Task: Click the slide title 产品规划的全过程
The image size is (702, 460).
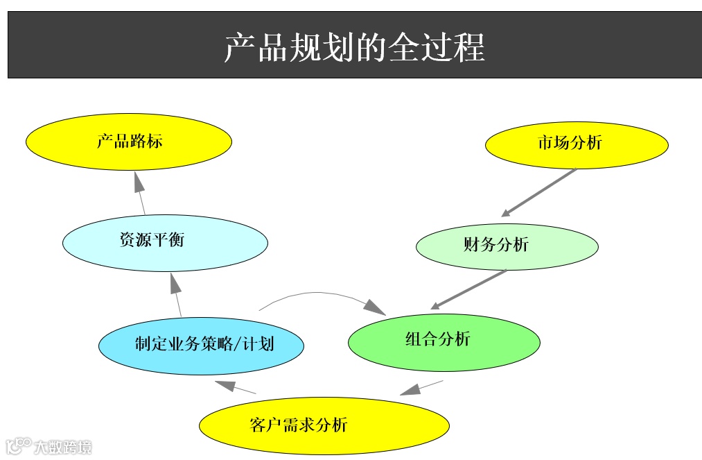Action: [354, 46]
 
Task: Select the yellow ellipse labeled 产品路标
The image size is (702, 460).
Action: [129, 142]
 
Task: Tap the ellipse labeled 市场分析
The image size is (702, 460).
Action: [577, 144]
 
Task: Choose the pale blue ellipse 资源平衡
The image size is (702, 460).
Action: [165, 241]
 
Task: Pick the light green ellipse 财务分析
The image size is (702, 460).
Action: [507, 246]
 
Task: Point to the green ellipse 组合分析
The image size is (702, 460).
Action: [444, 340]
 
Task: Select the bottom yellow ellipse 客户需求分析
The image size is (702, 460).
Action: [324, 425]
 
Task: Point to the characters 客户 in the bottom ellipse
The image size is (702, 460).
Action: [265, 425]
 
